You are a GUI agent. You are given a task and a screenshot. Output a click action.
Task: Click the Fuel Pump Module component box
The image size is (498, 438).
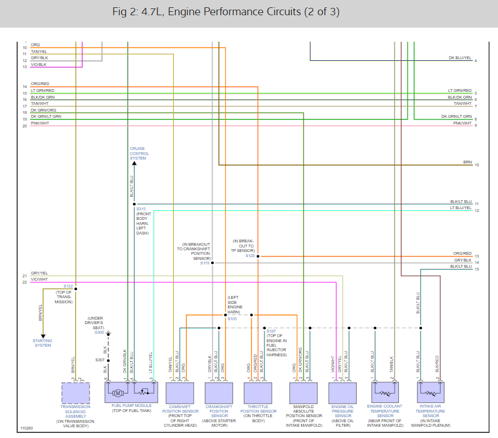coord(131,392)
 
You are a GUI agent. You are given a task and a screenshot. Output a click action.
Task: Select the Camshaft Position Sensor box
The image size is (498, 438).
coord(180,392)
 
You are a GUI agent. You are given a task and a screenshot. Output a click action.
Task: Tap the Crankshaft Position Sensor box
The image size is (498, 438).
coord(219,392)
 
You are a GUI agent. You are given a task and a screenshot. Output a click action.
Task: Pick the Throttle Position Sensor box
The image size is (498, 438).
coord(258,392)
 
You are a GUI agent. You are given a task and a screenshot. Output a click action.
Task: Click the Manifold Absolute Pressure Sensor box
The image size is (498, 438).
coord(303,392)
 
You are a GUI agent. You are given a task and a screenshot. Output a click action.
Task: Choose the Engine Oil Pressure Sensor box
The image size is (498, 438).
coord(343,392)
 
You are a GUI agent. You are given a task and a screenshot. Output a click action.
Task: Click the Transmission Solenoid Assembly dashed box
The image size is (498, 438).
coord(75,392)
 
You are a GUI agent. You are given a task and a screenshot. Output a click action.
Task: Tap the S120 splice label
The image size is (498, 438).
coord(250,255)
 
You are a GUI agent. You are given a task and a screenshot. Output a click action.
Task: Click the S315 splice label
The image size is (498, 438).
coord(141,209)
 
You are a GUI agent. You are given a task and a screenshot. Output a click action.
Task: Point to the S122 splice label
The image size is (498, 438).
coord(68,286)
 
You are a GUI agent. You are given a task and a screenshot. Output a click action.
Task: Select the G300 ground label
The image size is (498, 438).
coord(99,332)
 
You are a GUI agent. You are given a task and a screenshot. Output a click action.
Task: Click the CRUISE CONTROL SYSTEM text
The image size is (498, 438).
coord(139,154)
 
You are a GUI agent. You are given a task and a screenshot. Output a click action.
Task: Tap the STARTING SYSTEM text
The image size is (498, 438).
coord(42,343)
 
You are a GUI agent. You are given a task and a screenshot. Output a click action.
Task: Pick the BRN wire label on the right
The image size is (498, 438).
coord(468,162)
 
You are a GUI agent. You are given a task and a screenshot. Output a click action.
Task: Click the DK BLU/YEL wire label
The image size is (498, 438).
coord(460,57)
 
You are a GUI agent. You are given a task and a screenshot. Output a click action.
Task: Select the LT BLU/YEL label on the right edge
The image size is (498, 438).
coord(460,207)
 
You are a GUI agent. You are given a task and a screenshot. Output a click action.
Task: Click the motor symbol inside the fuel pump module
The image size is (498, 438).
coord(118,392)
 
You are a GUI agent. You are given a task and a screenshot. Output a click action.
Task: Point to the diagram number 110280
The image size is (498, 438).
coord(26,428)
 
